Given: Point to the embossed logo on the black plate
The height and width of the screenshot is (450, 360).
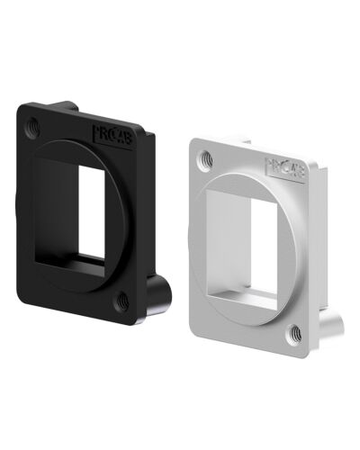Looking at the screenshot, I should tap(112, 135).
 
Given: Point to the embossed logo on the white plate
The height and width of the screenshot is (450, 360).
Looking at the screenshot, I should tap(283, 166).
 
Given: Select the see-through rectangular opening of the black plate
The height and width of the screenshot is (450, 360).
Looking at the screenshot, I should tap(90, 216).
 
